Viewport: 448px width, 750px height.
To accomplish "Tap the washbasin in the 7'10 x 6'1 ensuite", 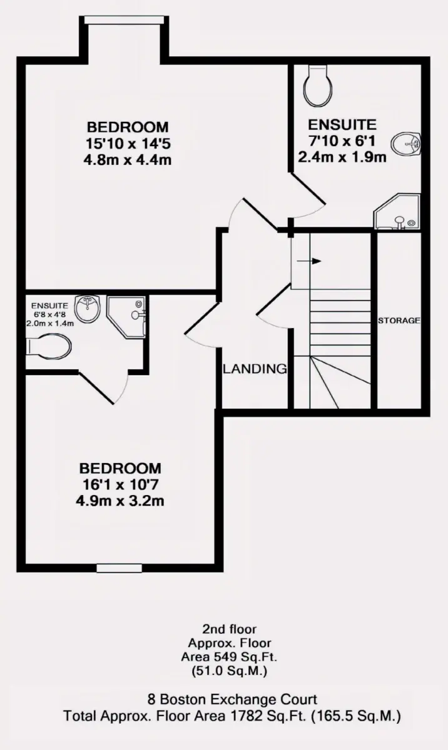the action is (406, 144).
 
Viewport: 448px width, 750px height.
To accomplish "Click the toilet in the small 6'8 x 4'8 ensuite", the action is (49, 346).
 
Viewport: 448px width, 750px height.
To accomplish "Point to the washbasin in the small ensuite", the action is (88, 307).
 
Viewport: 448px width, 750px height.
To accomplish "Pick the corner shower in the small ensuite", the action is (126, 317).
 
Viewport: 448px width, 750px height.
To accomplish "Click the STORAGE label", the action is (399, 321).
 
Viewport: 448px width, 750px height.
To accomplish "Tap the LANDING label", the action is (255, 369).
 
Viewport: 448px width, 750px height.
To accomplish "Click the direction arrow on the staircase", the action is (309, 261).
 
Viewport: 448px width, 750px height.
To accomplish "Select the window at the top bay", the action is (124, 20).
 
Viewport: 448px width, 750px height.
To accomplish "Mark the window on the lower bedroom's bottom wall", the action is (120, 568).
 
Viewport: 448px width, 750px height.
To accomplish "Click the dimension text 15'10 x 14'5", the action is (128, 144).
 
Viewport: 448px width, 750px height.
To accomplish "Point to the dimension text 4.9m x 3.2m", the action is (120, 501).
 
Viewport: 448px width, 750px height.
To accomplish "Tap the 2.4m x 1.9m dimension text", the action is (342, 157).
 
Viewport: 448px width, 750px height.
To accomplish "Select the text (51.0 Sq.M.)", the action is (229, 671).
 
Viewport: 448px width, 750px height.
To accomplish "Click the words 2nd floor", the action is (229, 629).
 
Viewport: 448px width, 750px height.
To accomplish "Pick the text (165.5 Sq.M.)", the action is (356, 716).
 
